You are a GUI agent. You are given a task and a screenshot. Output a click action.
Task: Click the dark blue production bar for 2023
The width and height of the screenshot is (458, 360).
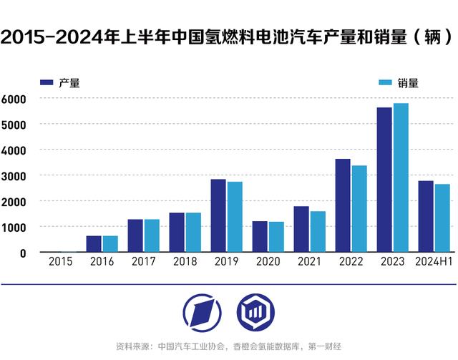pyautogui.click(x=384, y=180)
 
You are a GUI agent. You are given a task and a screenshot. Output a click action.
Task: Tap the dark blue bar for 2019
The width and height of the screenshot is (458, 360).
pyautogui.click(x=218, y=215)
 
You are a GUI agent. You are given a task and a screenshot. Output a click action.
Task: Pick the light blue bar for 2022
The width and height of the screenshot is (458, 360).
pyautogui.click(x=359, y=209)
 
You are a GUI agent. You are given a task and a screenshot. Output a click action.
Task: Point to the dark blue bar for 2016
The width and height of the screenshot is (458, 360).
pyautogui.click(x=94, y=244)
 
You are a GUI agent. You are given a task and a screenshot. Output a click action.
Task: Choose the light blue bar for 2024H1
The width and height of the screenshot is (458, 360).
pyautogui.click(x=442, y=218)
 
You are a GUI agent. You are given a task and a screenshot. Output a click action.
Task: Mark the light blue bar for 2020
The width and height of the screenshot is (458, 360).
pyautogui.click(x=276, y=237)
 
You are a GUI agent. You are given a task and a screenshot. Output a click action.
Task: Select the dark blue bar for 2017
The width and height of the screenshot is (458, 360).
pyautogui.click(x=135, y=235)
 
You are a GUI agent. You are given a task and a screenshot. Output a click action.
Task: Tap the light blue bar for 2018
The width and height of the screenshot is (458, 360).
pyautogui.click(x=193, y=233)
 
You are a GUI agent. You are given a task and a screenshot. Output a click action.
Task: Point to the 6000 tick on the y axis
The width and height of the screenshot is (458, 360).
pyautogui.click(x=14, y=99)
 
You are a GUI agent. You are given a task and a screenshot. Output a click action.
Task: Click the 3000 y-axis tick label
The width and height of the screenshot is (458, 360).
pyautogui.click(x=14, y=176)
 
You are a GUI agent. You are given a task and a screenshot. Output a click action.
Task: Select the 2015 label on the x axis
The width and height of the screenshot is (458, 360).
pyautogui.click(x=60, y=263)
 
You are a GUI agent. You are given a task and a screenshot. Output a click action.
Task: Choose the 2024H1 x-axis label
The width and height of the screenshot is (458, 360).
pyautogui.click(x=434, y=263)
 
